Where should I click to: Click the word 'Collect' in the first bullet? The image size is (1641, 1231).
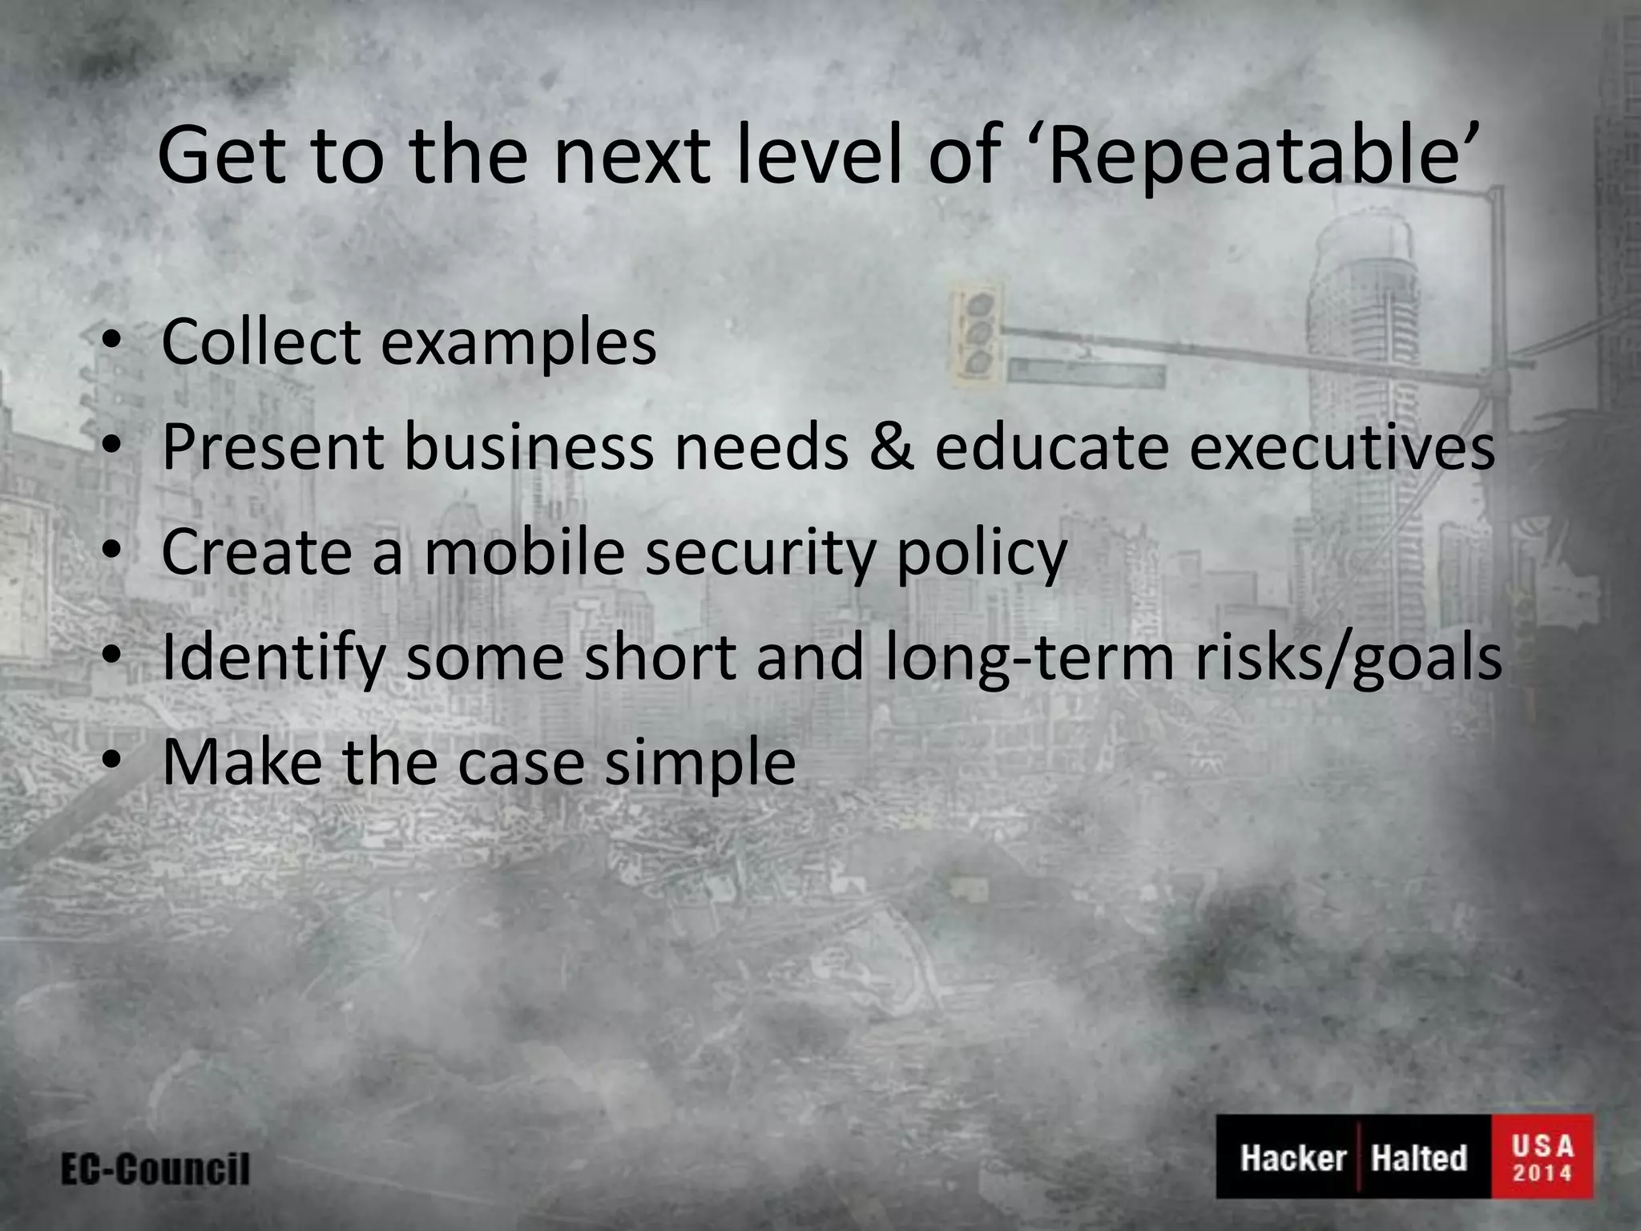coord(261,342)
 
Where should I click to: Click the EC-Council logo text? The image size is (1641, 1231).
coord(155,1169)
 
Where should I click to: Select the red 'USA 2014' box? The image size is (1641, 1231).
coord(1542,1156)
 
